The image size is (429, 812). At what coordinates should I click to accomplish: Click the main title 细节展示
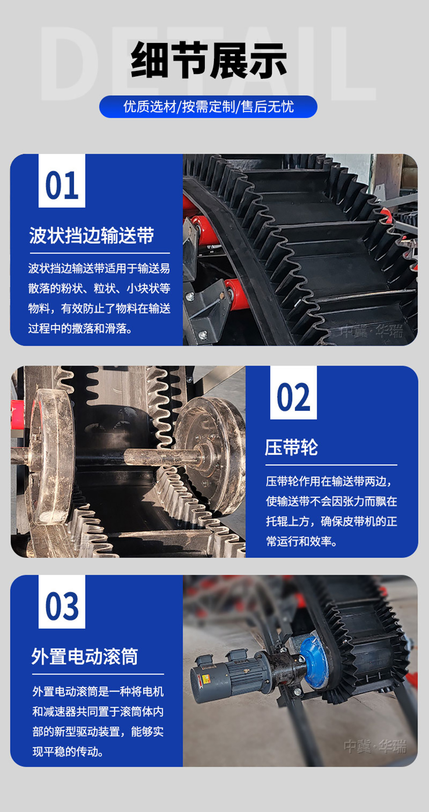[x=208, y=61]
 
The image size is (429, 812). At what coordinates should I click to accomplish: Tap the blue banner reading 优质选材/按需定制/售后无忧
[x=208, y=107]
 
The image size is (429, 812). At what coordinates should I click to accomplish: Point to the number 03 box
[x=62, y=603]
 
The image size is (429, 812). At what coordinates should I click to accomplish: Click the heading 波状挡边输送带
[x=92, y=236]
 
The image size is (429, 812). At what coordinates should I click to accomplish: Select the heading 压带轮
[x=291, y=447]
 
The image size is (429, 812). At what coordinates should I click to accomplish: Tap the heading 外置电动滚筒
[x=85, y=657]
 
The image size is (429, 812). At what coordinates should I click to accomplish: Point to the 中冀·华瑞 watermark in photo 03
[x=375, y=747]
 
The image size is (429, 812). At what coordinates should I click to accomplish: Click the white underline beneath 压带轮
[x=331, y=465]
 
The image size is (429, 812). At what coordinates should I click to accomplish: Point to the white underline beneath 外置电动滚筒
[x=98, y=674]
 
